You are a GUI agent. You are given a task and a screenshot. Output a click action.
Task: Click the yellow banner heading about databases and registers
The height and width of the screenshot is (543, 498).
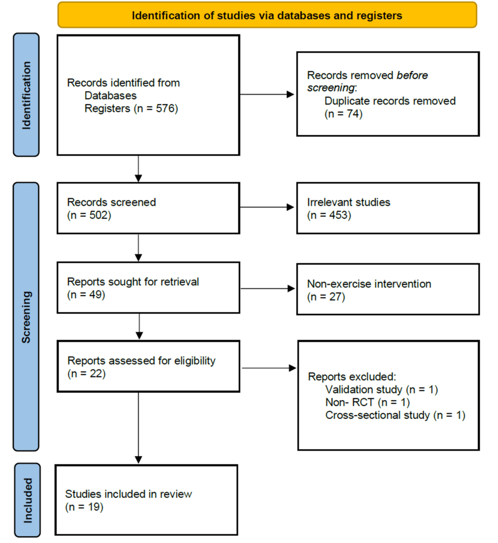point(267,15)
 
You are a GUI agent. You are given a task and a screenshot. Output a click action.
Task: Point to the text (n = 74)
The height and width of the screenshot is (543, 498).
point(343,114)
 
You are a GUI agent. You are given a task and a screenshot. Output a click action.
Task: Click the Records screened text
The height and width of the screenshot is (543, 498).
point(112,202)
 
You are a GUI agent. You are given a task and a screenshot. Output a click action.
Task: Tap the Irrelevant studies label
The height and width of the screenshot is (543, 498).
point(348,202)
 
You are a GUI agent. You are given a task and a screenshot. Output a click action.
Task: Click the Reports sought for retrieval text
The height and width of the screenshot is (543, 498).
point(133,282)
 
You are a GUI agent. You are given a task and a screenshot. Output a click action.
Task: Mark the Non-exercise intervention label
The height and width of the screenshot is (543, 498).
point(369,284)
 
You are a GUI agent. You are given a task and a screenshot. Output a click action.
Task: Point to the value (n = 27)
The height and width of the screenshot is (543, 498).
point(326,297)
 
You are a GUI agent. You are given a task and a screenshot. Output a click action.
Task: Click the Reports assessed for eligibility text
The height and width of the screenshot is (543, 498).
point(141,361)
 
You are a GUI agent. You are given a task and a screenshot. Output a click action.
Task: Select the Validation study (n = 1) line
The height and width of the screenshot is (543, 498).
point(381,390)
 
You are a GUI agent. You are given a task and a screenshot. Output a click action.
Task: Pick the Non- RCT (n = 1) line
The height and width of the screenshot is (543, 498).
point(367,403)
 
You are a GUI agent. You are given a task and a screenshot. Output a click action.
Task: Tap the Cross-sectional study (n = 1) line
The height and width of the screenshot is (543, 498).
point(395,416)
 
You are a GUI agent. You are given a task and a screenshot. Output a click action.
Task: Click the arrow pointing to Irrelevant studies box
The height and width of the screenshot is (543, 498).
point(268,207)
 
